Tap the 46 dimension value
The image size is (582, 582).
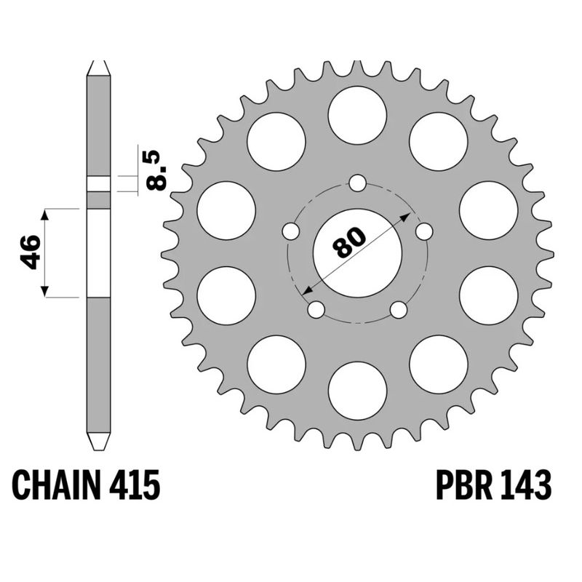point(30,252)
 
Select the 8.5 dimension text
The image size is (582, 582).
point(156,170)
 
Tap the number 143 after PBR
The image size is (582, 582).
point(522,485)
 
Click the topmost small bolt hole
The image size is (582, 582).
point(357,183)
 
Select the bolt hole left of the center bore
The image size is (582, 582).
point(290,232)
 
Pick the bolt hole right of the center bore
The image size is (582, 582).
point(424,232)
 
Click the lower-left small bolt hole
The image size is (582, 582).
point(316,310)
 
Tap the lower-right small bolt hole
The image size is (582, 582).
point(399,310)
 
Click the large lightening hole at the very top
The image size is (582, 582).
point(357,115)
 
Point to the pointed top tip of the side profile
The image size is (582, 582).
point(99,63)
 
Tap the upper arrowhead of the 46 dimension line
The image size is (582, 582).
point(45,214)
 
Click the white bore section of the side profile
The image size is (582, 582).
point(99,252)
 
